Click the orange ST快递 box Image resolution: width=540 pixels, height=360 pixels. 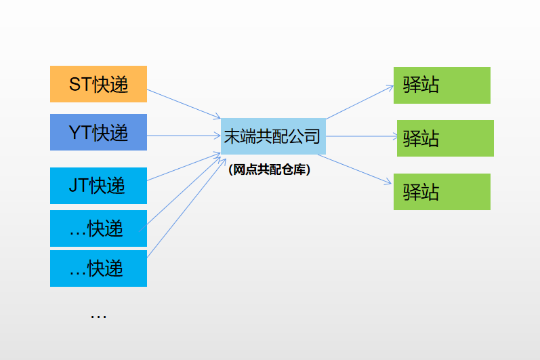click(x=98, y=84)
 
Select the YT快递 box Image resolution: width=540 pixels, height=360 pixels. click(x=98, y=132)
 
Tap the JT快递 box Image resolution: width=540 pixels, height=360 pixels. click(x=98, y=185)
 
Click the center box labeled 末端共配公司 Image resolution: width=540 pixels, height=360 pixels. click(x=273, y=136)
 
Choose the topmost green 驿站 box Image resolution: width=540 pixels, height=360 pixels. click(x=442, y=85)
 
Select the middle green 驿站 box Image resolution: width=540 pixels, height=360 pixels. click(x=445, y=138)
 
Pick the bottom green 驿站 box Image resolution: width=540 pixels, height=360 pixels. click(x=442, y=192)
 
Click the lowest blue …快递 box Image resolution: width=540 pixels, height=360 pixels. click(x=98, y=268)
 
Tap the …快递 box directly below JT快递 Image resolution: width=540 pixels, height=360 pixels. click(x=98, y=228)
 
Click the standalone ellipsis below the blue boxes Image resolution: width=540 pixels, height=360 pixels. click(x=98, y=316)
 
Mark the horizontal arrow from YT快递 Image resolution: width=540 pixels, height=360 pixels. click(x=183, y=136)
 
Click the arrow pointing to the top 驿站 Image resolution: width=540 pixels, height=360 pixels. click(x=359, y=101)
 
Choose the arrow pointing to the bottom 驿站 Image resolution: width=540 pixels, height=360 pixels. click(x=356, y=169)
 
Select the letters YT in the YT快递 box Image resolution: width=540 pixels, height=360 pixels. click(x=80, y=133)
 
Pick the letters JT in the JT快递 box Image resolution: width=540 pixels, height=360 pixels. click(x=79, y=185)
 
